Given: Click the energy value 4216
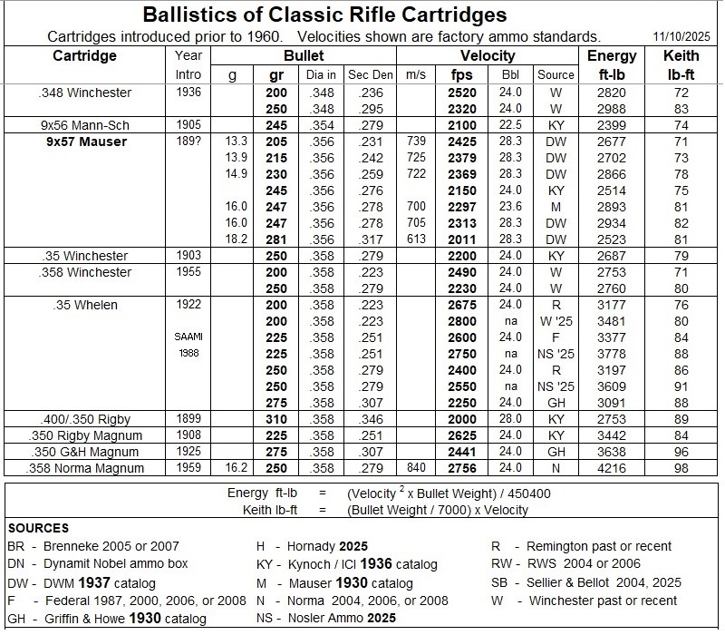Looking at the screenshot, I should pos(604,468).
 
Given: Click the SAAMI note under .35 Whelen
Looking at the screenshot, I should pos(182,337).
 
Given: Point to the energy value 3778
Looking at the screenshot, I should pos(604,354).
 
